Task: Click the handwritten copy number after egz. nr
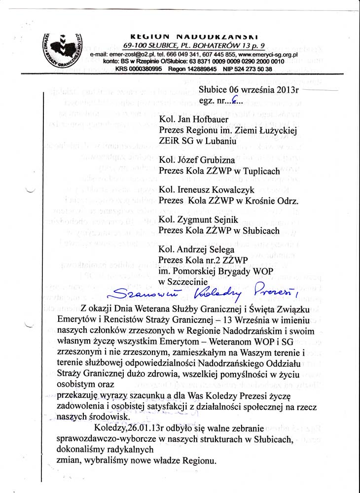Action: coord(234,101)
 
